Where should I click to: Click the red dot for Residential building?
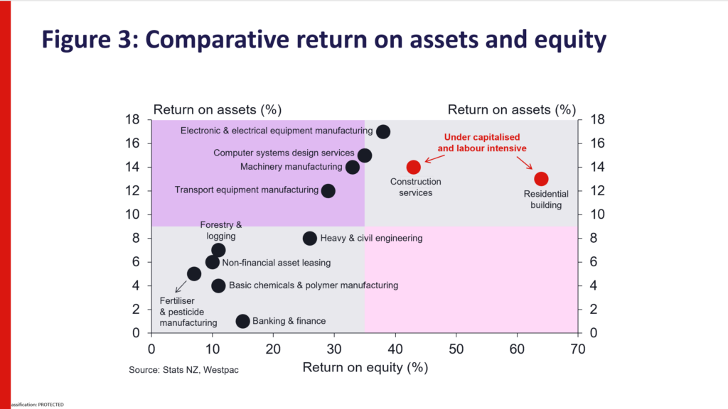(541, 179)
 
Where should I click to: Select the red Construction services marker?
(414, 167)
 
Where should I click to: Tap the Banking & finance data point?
(242, 321)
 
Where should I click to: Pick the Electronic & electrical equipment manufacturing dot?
(383, 131)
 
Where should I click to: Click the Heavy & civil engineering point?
(310, 239)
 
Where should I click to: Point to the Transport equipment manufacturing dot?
(328, 191)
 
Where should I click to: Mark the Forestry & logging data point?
(218, 250)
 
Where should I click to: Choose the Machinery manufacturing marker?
(353, 167)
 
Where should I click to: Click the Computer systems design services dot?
(365, 155)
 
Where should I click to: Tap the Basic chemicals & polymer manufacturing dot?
(218, 285)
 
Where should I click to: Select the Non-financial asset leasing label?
(277, 263)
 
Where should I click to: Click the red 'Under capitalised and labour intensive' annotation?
(482, 143)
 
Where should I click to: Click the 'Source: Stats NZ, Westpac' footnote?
(183, 370)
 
